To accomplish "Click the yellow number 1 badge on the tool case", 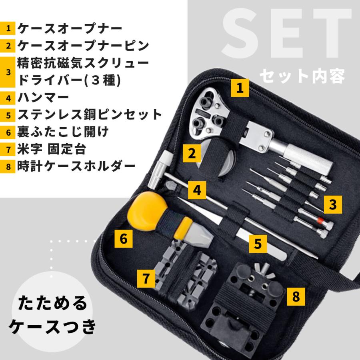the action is (240, 88).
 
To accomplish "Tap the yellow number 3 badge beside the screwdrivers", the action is (333, 204).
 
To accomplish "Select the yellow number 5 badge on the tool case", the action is (258, 244).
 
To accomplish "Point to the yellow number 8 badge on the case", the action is (296, 296).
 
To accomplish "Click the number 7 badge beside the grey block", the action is (146, 278).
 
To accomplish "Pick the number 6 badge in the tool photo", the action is (124, 239).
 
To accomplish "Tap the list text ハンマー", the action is (43, 97).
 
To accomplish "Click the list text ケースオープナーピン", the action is (83, 46).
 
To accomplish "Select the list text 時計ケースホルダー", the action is (76, 166).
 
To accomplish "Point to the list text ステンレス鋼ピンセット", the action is (90, 114).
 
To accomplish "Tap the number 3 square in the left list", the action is (8, 72).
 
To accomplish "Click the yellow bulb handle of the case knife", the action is (146, 211).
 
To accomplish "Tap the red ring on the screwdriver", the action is (320, 221).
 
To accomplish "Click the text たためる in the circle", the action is (52, 303).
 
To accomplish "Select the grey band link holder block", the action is (186, 276).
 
